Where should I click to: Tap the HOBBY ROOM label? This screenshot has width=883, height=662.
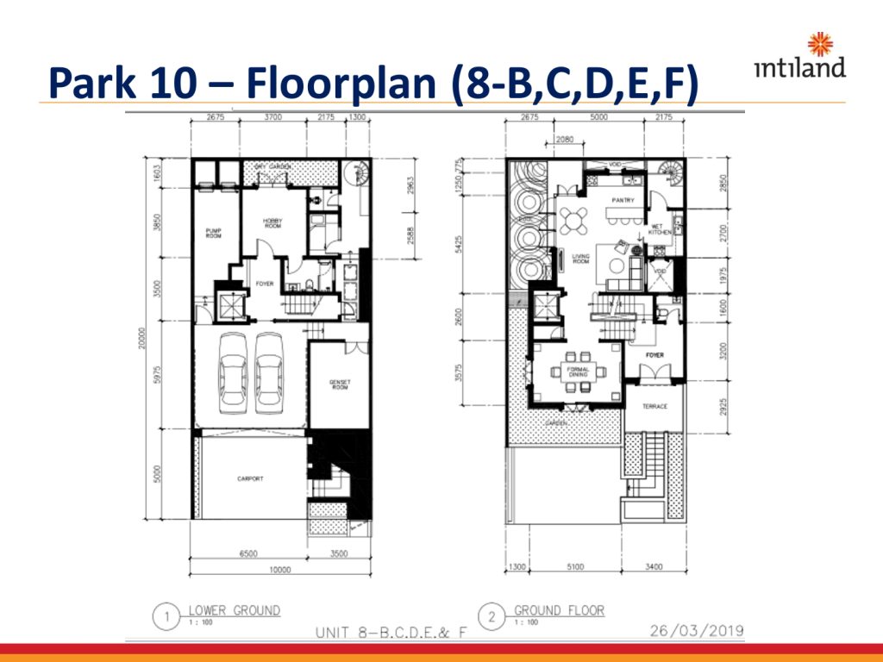tap(272, 223)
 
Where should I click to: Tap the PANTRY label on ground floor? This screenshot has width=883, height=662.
tap(623, 201)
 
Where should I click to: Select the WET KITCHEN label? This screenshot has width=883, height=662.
tap(661, 231)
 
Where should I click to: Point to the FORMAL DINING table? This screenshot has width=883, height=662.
tap(576, 372)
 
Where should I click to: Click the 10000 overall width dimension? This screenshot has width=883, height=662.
tap(279, 570)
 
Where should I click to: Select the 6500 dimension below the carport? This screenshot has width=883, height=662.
tap(246, 555)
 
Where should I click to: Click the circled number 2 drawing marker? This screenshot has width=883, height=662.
tap(492, 617)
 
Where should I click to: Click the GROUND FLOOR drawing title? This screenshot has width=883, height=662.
tap(559, 610)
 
